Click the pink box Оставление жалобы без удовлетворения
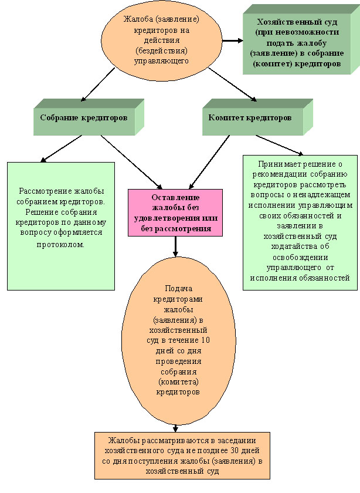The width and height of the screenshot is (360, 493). point(175,212)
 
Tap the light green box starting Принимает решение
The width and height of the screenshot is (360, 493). point(300,221)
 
